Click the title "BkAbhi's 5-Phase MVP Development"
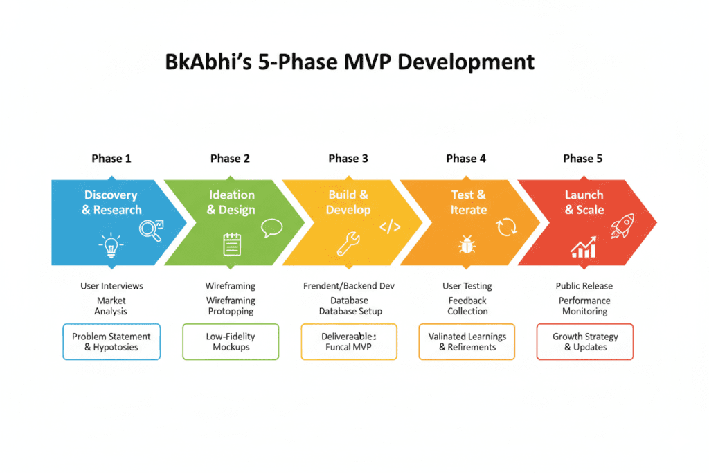pyautogui.click(x=350, y=62)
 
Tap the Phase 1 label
pyautogui.click(x=111, y=159)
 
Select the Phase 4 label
pyautogui.click(x=466, y=159)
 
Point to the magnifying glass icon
pyautogui.click(x=151, y=229)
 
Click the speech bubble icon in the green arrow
pyautogui.click(x=271, y=228)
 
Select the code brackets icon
pyautogui.click(x=390, y=227)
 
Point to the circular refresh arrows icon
pyautogui.click(x=507, y=227)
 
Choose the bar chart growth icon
pyautogui.click(x=584, y=246)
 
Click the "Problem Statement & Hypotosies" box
pyautogui.click(x=111, y=341)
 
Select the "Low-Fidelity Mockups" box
pyautogui.click(x=231, y=341)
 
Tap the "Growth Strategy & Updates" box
pyautogui.click(x=584, y=341)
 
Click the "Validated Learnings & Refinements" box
pyautogui.click(x=467, y=341)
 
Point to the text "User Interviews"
pyautogui.click(x=111, y=286)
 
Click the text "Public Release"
pyautogui.click(x=584, y=286)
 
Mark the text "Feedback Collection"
pyautogui.click(x=467, y=306)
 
